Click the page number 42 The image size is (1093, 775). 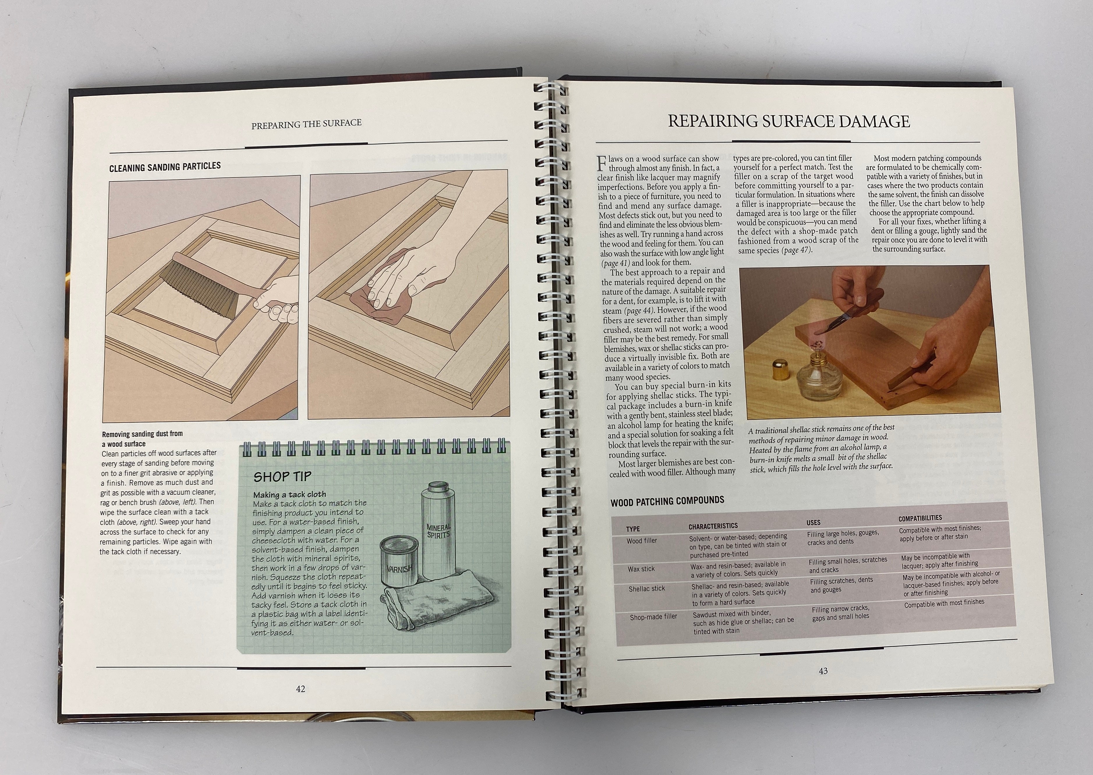point(300,689)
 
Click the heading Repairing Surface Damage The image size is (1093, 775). point(789,121)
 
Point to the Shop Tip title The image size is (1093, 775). point(282,476)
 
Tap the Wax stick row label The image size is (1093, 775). point(641,569)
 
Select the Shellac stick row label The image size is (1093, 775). point(646,588)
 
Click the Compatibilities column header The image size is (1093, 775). point(920,518)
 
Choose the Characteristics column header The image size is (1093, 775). point(713,526)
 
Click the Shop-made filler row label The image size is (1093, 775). point(653,617)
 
